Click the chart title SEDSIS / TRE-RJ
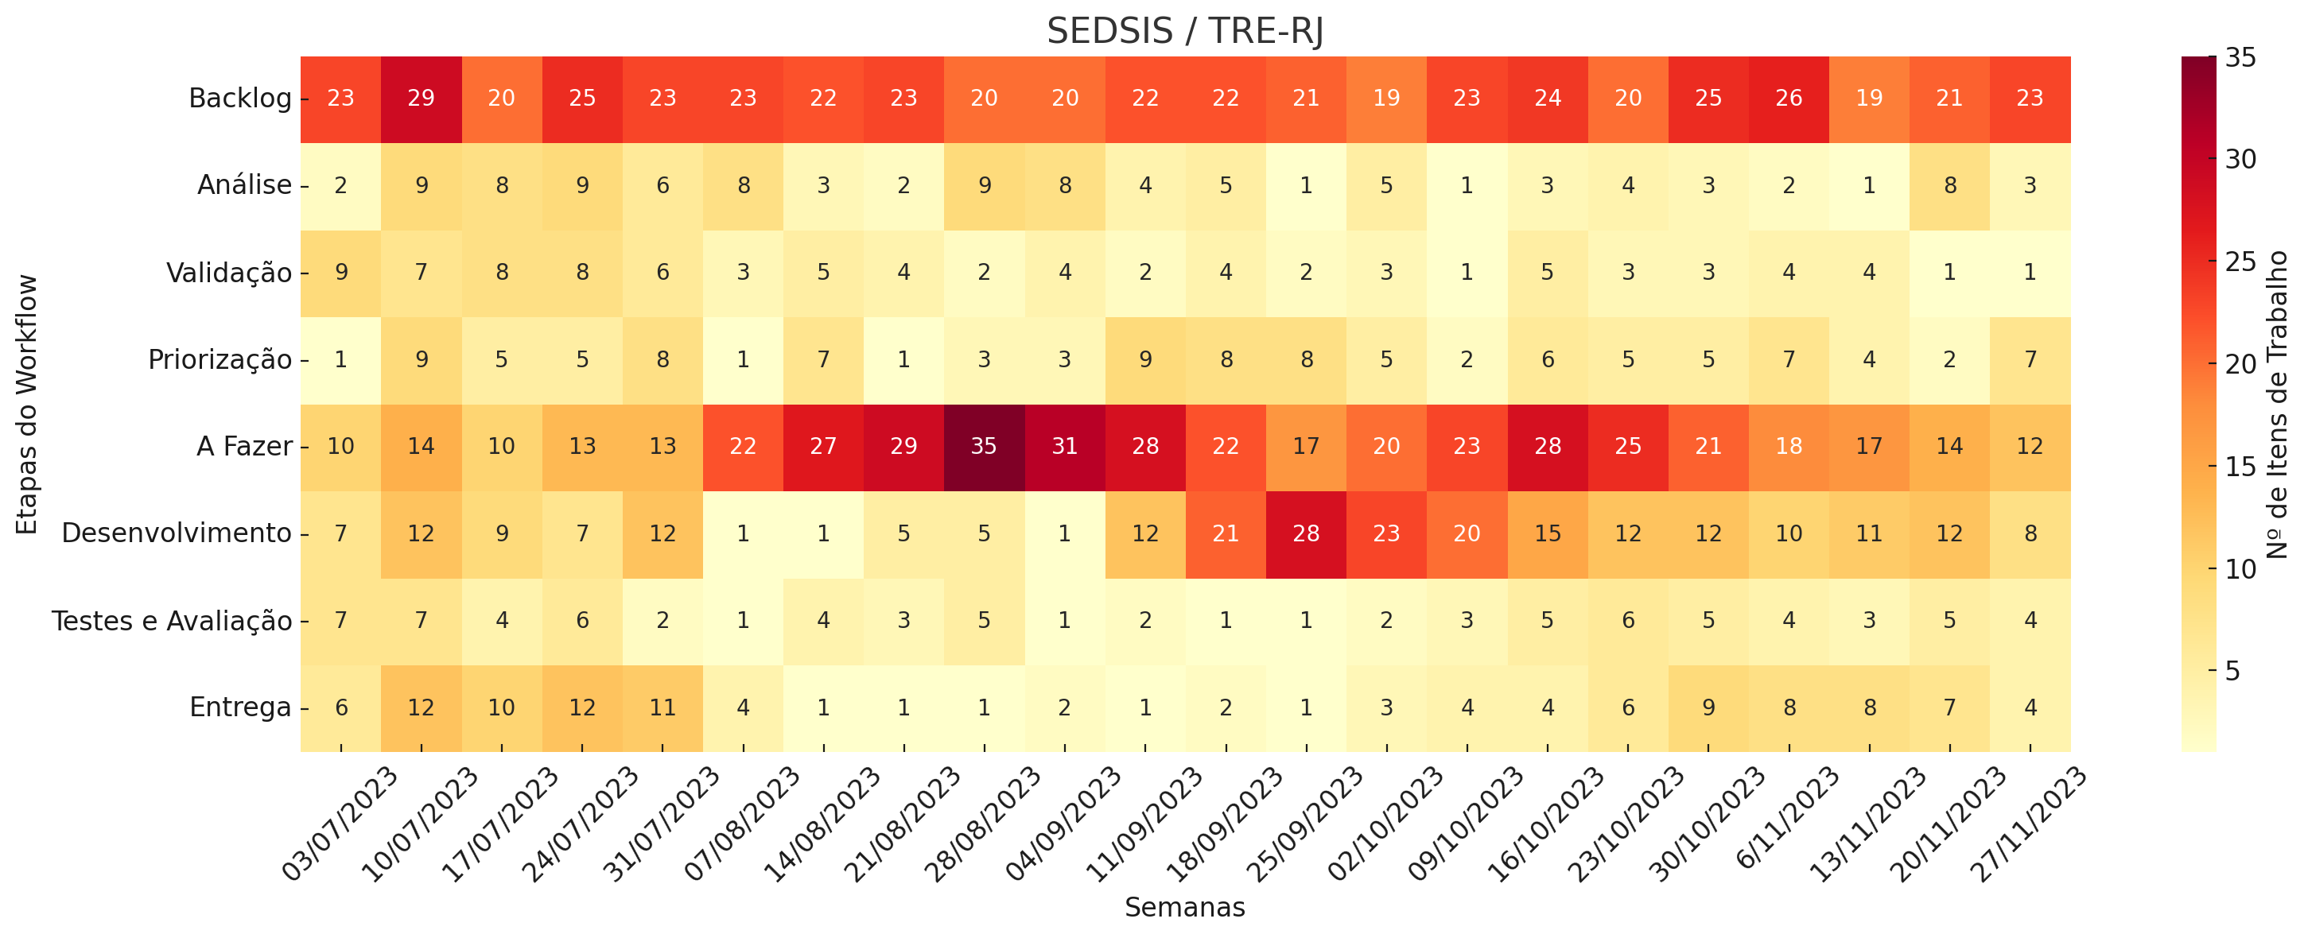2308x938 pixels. [x=1184, y=31]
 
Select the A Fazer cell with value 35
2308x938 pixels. [x=984, y=446]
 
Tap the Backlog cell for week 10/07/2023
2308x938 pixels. [x=421, y=99]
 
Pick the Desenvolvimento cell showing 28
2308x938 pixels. [x=1305, y=534]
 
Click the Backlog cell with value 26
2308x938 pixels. [x=1789, y=99]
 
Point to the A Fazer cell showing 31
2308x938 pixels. [x=1064, y=446]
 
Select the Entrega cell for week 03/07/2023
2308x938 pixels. [x=340, y=707]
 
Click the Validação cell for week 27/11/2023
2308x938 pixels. [x=2030, y=273]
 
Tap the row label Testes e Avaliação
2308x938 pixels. [x=172, y=621]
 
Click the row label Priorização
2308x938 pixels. [x=220, y=360]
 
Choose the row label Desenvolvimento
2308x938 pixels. [x=177, y=534]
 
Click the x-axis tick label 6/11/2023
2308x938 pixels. [x=1789, y=817]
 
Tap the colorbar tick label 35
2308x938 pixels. [x=2240, y=58]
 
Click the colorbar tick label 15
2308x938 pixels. [x=2240, y=467]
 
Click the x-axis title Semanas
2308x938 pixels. [x=1184, y=908]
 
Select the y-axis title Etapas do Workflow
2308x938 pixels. [x=28, y=405]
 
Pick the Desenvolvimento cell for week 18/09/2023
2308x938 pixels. [x=1226, y=534]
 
